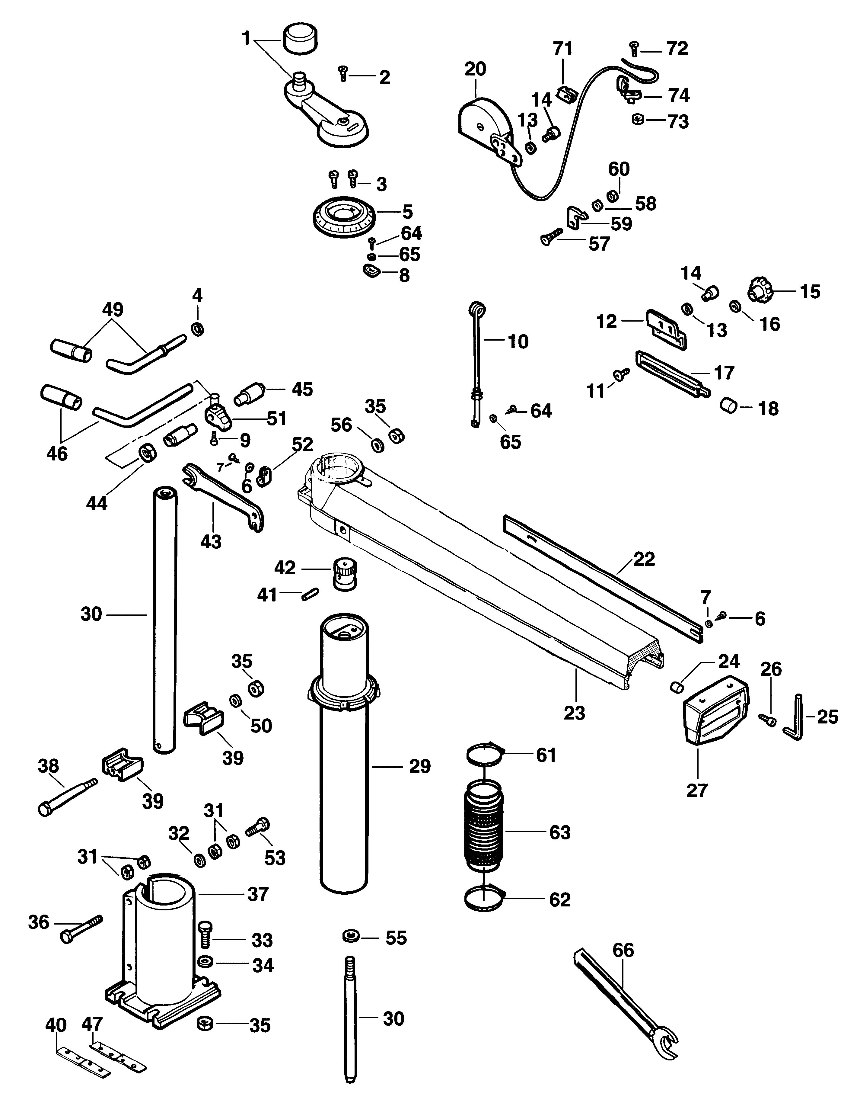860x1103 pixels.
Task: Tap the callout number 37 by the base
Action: pos(258,894)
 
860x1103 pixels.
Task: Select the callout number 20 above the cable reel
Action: pos(475,69)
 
